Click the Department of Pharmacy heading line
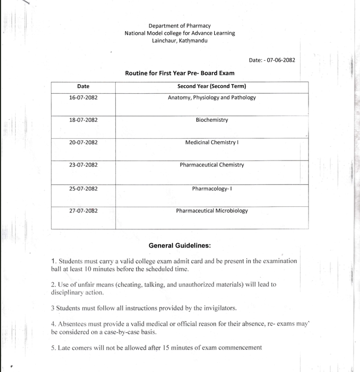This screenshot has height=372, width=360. pos(179,25)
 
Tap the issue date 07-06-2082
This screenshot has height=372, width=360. pos(279,60)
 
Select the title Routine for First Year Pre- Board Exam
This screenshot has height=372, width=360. pos(179,73)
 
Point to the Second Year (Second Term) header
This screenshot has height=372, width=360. pos(212,87)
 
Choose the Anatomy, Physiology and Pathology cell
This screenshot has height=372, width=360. pos(212,98)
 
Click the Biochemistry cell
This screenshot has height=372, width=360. pos(212,120)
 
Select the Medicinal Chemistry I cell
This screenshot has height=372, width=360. pos(212,143)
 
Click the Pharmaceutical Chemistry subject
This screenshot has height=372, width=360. pos(212,165)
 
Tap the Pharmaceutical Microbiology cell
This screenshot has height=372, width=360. pos(212,210)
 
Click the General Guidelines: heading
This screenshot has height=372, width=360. pos(179,245)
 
